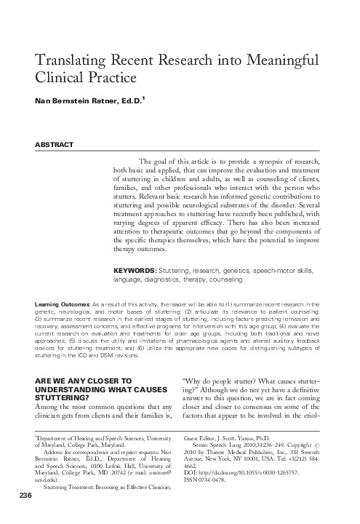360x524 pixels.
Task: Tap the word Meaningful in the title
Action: [287, 59]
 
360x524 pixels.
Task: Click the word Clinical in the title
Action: [58, 76]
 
